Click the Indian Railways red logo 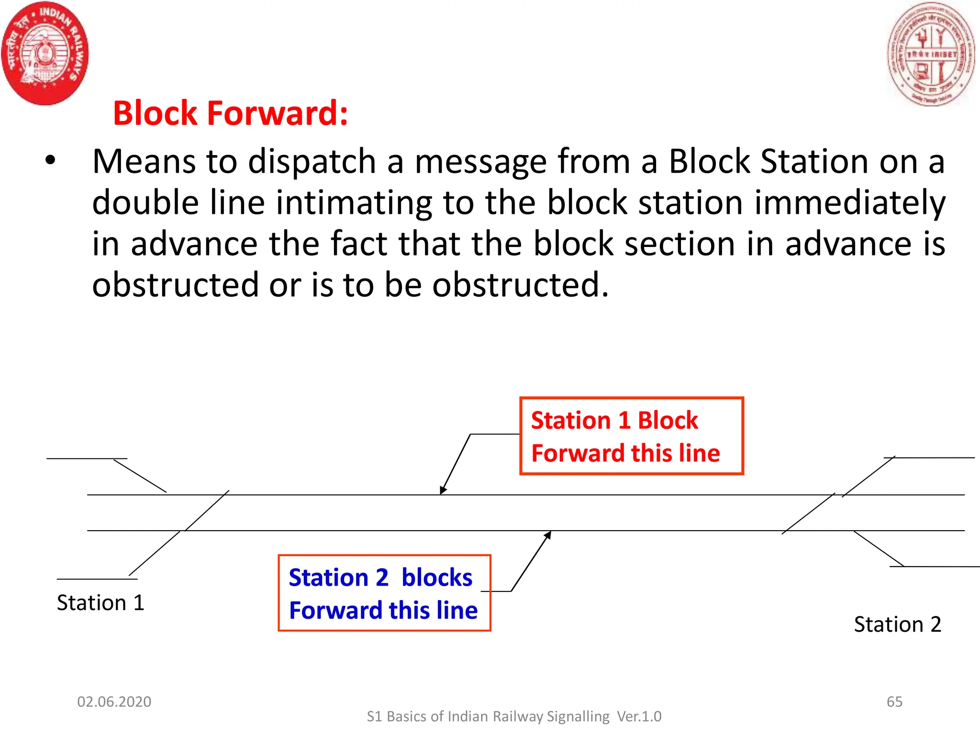[x=45, y=53]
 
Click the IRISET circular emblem [x=931, y=54]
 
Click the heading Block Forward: [x=230, y=113]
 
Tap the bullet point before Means [x=50, y=161]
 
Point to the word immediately [x=850, y=202]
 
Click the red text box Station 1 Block [x=631, y=436]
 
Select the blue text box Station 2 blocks [x=384, y=593]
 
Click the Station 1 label [x=100, y=602]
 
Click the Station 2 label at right [x=897, y=624]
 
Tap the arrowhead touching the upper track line [x=443, y=490]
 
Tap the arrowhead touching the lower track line [x=548, y=535]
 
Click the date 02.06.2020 [x=114, y=702]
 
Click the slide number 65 [x=894, y=702]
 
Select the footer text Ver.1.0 [x=639, y=716]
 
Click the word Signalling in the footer [x=578, y=716]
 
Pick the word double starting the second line [x=145, y=202]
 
